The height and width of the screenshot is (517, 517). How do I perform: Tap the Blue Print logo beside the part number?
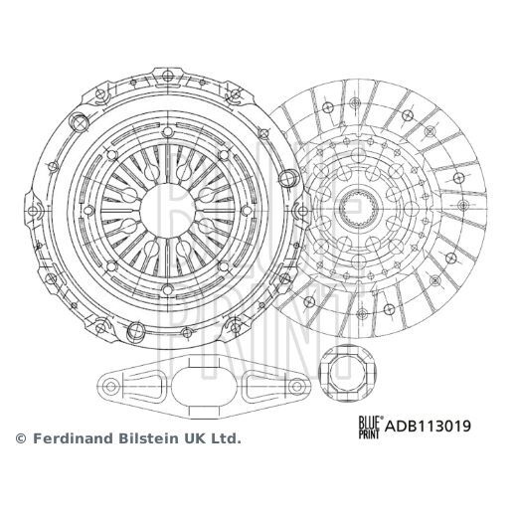pos(369,427)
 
